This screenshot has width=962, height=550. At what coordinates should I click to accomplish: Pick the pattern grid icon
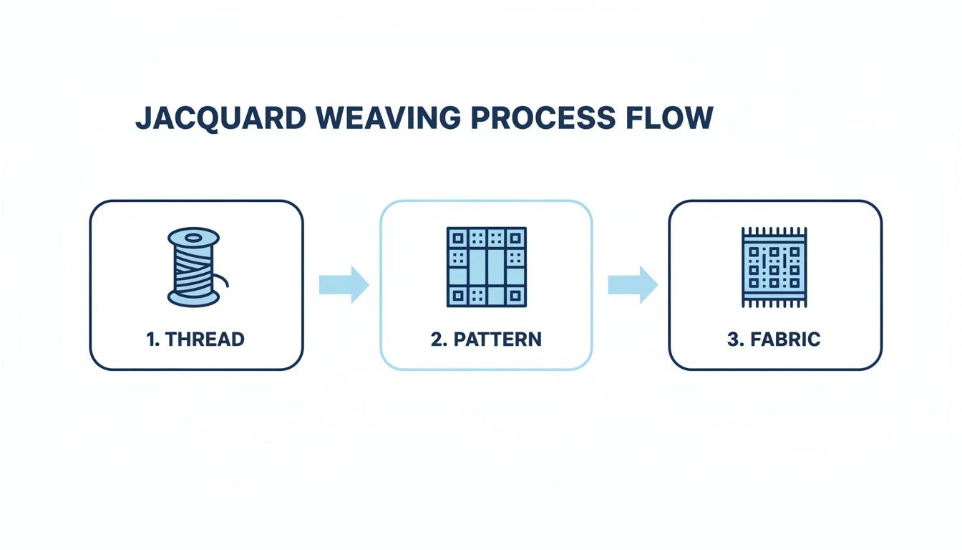486,267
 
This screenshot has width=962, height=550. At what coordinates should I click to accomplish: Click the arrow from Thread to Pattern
344,284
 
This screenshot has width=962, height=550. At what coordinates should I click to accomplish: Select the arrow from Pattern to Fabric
633,284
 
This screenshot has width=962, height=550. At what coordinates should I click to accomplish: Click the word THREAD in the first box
205,339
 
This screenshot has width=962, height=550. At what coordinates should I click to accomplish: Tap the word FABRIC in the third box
785,339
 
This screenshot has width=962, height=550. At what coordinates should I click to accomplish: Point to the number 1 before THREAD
150,339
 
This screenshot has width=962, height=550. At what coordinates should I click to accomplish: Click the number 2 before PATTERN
436,339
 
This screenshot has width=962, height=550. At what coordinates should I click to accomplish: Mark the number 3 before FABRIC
732,339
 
